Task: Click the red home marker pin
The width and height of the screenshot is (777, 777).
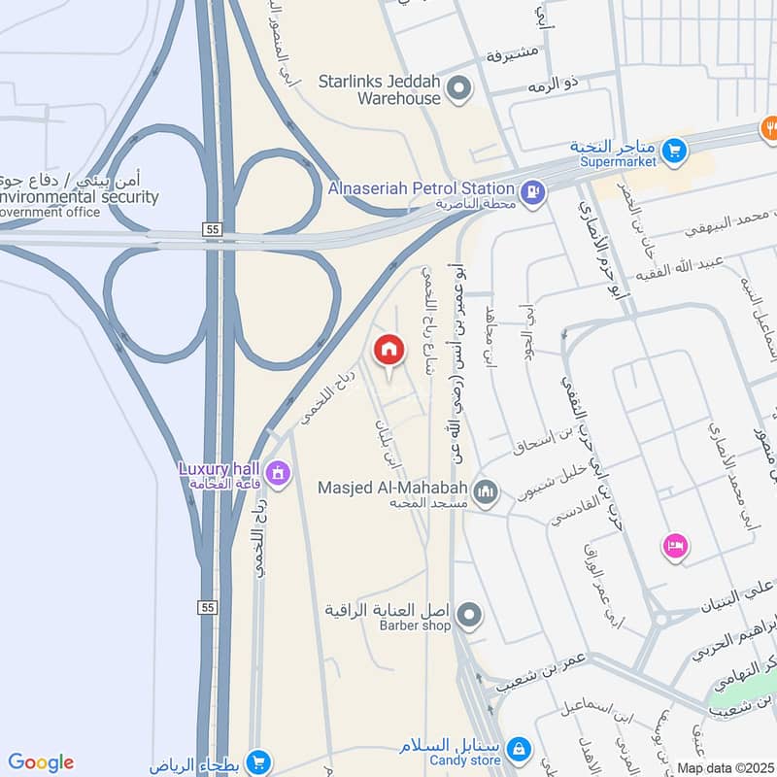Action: pyautogui.click(x=388, y=351)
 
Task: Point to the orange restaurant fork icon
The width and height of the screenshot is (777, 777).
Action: pyautogui.click(x=768, y=127)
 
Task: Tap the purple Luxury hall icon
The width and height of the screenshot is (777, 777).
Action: pyautogui.click(x=279, y=473)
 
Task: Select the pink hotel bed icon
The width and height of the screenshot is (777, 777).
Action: pyautogui.click(x=675, y=547)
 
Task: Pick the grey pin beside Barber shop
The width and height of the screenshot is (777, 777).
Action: pyautogui.click(x=469, y=615)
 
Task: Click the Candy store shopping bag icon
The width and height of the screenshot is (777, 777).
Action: pyautogui.click(x=520, y=749)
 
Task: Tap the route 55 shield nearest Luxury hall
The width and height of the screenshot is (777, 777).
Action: pyautogui.click(x=205, y=607)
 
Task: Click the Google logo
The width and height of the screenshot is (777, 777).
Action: pyautogui.click(x=41, y=763)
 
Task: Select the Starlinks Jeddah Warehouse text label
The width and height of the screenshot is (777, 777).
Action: pyautogui.click(x=380, y=89)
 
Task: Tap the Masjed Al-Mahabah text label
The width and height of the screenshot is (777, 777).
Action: pyautogui.click(x=392, y=488)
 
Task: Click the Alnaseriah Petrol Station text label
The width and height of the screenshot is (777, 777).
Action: pyautogui.click(x=421, y=188)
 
